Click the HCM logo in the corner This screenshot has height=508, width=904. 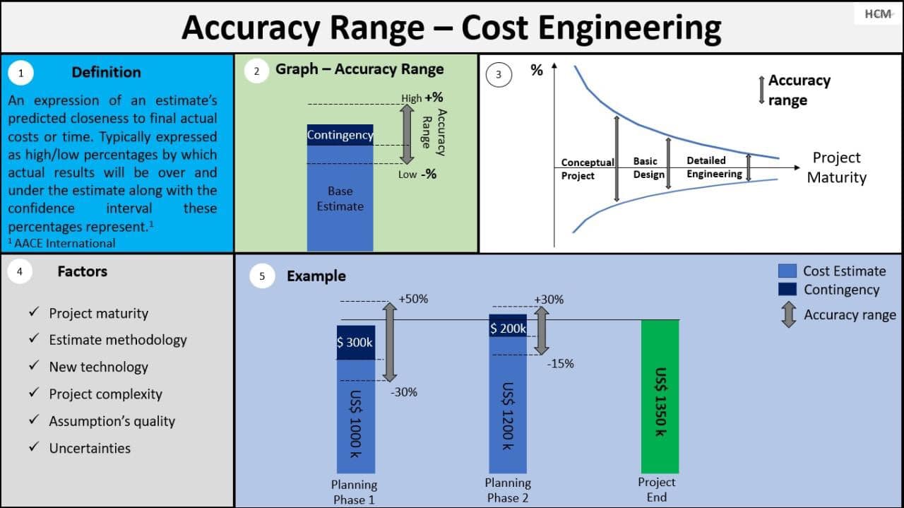click(878, 14)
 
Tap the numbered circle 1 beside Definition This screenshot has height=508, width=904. click(20, 73)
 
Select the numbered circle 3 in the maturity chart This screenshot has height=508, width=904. click(499, 75)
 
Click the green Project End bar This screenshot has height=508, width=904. click(660, 396)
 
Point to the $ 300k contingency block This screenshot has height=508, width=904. click(355, 343)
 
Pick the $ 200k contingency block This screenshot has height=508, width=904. click(508, 326)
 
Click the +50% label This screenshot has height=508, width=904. click(413, 299)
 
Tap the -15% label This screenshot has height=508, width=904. click(560, 364)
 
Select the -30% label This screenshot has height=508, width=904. click(403, 392)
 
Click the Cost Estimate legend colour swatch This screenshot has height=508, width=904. click(787, 271)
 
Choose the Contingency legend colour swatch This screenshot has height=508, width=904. click(787, 289)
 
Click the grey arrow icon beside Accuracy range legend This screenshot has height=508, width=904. click(788, 314)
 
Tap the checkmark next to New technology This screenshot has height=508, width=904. click(34, 365)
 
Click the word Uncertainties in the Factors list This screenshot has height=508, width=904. click(90, 448)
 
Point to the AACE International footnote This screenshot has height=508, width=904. click(61, 243)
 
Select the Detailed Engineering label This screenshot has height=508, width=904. click(714, 167)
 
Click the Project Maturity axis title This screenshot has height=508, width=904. click(837, 167)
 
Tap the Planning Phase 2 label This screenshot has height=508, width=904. click(508, 490)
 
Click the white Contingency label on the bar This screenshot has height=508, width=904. click(340, 135)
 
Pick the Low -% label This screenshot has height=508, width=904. click(417, 175)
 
